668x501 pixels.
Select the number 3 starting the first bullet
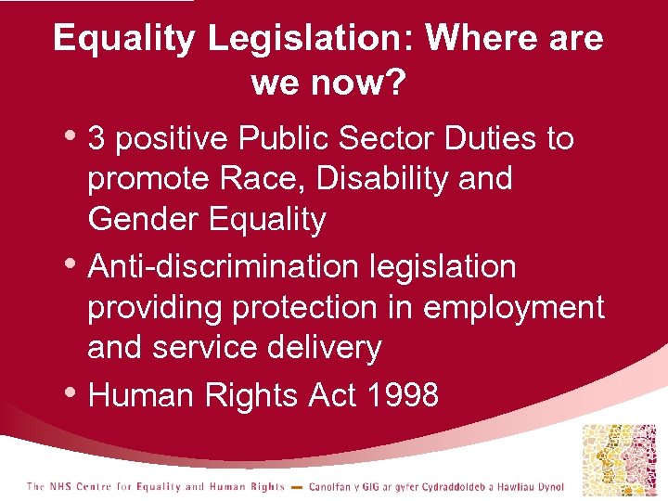click(96, 139)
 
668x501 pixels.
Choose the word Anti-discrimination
click(223, 267)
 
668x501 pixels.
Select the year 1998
click(402, 395)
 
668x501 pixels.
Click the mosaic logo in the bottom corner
click(617, 460)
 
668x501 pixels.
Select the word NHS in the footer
click(60, 487)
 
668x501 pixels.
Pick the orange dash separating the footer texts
click(296, 488)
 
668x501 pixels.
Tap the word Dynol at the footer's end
click(547, 487)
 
